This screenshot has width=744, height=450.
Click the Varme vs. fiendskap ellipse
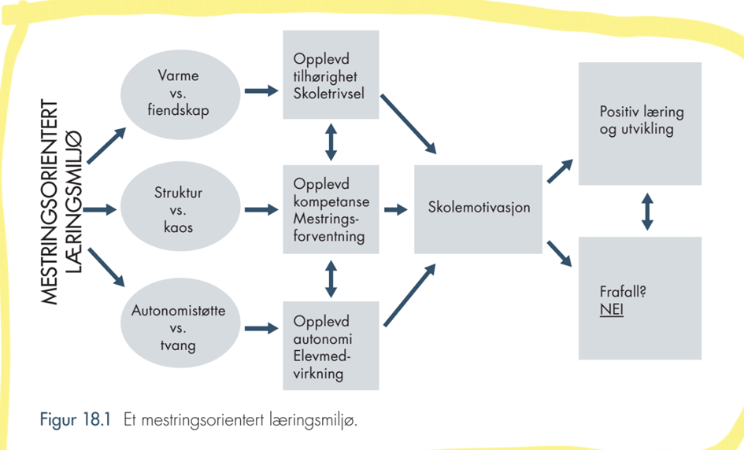(x=180, y=94)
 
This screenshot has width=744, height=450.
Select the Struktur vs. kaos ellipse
(x=180, y=209)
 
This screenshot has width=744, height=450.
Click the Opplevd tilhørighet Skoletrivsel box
(x=331, y=75)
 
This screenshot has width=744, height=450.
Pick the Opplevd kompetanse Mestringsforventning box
(x=331, y=209)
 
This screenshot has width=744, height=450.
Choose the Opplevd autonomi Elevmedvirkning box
(x=331, y=345)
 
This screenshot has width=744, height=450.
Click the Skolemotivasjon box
(x=479, y=209)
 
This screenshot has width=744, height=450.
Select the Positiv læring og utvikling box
(x=640, y=124)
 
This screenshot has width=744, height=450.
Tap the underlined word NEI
(x=611, y=310)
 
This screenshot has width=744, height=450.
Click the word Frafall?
(x=623, y=291)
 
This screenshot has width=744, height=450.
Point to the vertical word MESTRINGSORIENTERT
(x=49, y=202)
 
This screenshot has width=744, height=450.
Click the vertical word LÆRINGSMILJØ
(x=73, y=202)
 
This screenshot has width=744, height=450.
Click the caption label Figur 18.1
(x=75, y=419)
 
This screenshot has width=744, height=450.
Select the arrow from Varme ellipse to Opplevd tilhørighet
(x=261, y=90)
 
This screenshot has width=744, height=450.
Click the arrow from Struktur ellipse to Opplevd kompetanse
(x=261, y=209)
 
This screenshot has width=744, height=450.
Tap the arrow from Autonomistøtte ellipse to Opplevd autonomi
(x=261, y=327)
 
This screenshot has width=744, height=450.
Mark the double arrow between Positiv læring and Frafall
(x=647, y=212)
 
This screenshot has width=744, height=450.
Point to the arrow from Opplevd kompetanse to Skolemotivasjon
(x=396, y=209)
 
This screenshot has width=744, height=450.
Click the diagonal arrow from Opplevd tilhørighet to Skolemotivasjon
(x=409, y=124)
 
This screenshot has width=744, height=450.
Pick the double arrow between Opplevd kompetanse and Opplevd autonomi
(x=331, y=278)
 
